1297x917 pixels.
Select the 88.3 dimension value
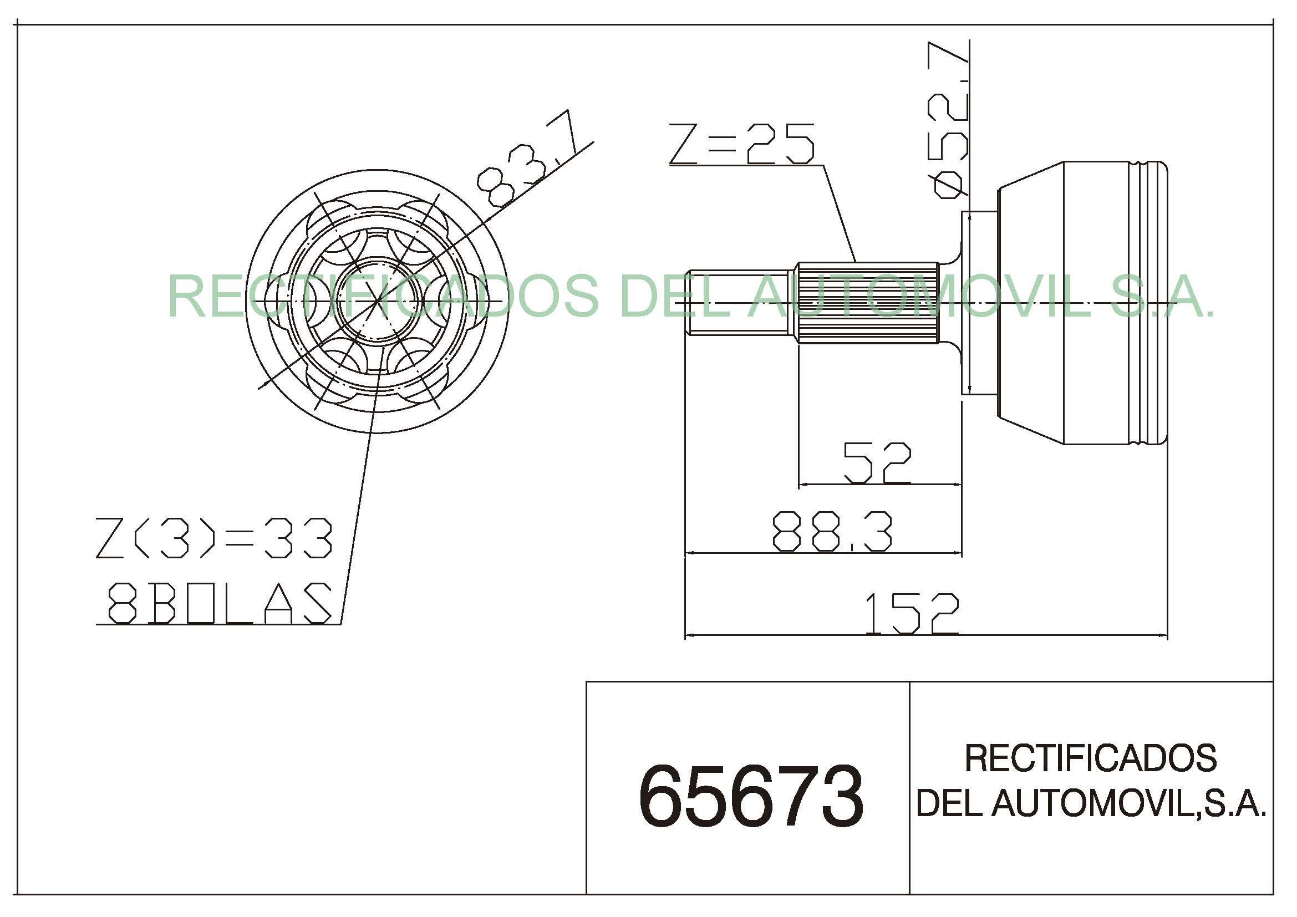pyautogui.click(x=832, y=531)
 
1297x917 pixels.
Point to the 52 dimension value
pyautogui.click(x=877, y=463)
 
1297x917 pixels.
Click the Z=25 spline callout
pyautogui.click(x=742, y=144)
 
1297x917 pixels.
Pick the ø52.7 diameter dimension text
pyautogui.click(x=951, y=120)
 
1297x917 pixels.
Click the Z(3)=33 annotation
pyautogui.click(x=214, y=538)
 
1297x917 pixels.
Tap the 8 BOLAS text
pyautogui.click(x=219, y=603)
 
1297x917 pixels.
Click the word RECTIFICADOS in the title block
pyautogui.click(x=1090, y=758)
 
